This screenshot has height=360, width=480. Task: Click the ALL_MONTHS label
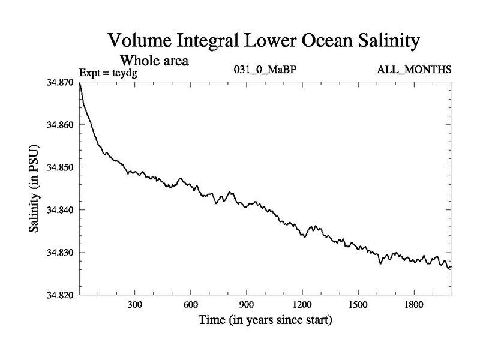click(414, 71)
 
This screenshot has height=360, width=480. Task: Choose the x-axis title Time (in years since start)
click(265, 320)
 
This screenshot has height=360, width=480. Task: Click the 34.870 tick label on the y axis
click(59, 82)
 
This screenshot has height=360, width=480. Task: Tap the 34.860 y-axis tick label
click(59, 125)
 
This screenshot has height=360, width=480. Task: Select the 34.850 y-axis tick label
click(59, 167)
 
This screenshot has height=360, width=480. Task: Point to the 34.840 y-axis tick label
click(59, 210)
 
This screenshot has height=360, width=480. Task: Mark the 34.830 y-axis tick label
click(59, 253)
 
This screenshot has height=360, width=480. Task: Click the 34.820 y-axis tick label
click(59, 295)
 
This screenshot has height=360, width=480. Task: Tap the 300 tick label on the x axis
click(135, 305)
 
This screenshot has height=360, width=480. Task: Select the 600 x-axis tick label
click(191, 305)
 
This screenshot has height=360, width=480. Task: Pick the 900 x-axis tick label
click(247, 305)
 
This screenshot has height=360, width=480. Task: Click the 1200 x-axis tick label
click(302, 305)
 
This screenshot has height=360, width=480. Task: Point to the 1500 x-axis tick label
click(358, 305)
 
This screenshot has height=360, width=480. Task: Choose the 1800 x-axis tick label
click(414, 305)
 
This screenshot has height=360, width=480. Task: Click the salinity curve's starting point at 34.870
click(80, 83)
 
